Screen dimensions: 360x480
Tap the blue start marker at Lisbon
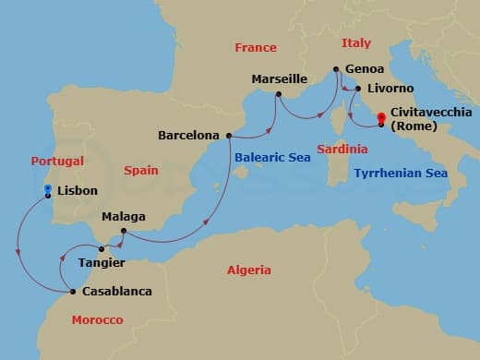pyautogui.click(x=48, y=189)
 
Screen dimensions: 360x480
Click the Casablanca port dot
pyautogui.click(x=73, y=292)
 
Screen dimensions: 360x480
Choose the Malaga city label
pyautogui.click(x=124, y=217)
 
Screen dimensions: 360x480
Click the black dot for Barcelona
pyautogui.click(x=229, y=135)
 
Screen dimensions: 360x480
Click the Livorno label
pyautogui.click(x=391, y=90)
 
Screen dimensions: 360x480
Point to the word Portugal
pyautogui.click(x=57, y=160)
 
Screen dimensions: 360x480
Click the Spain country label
pyautogui.click(x=140, y=170)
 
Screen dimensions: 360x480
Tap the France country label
pyautogui.click(x=256, y=47)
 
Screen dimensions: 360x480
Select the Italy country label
pyautogui.click(x=356, y=43)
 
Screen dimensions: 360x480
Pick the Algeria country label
pyautogui.click(x=249, y=270)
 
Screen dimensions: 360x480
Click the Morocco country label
pyautogui.click(x=97, y=319)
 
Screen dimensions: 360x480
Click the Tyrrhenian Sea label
pyautogui.click(x=402, y=173)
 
